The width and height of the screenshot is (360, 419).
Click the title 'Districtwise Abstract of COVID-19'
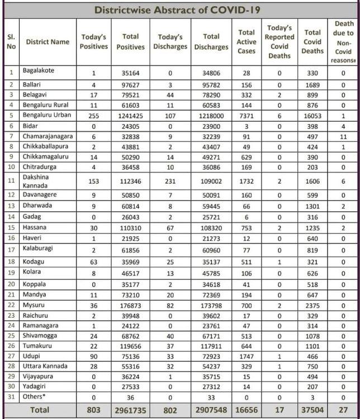(x=177, y=10)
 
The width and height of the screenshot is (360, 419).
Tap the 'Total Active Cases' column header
(x=246, y=42)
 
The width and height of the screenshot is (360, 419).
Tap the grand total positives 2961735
(x=130, y=410)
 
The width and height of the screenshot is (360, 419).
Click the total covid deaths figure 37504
(x=312, y=410)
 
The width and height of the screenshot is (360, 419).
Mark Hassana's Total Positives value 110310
(x=130, y=228)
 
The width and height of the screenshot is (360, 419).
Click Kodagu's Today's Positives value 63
(x=93, y=260)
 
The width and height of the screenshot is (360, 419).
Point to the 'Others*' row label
(x=34, y=397)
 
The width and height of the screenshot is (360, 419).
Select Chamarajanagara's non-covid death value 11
(x=343, y=136)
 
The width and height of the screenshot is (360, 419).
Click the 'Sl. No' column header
(x=11, y=42)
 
